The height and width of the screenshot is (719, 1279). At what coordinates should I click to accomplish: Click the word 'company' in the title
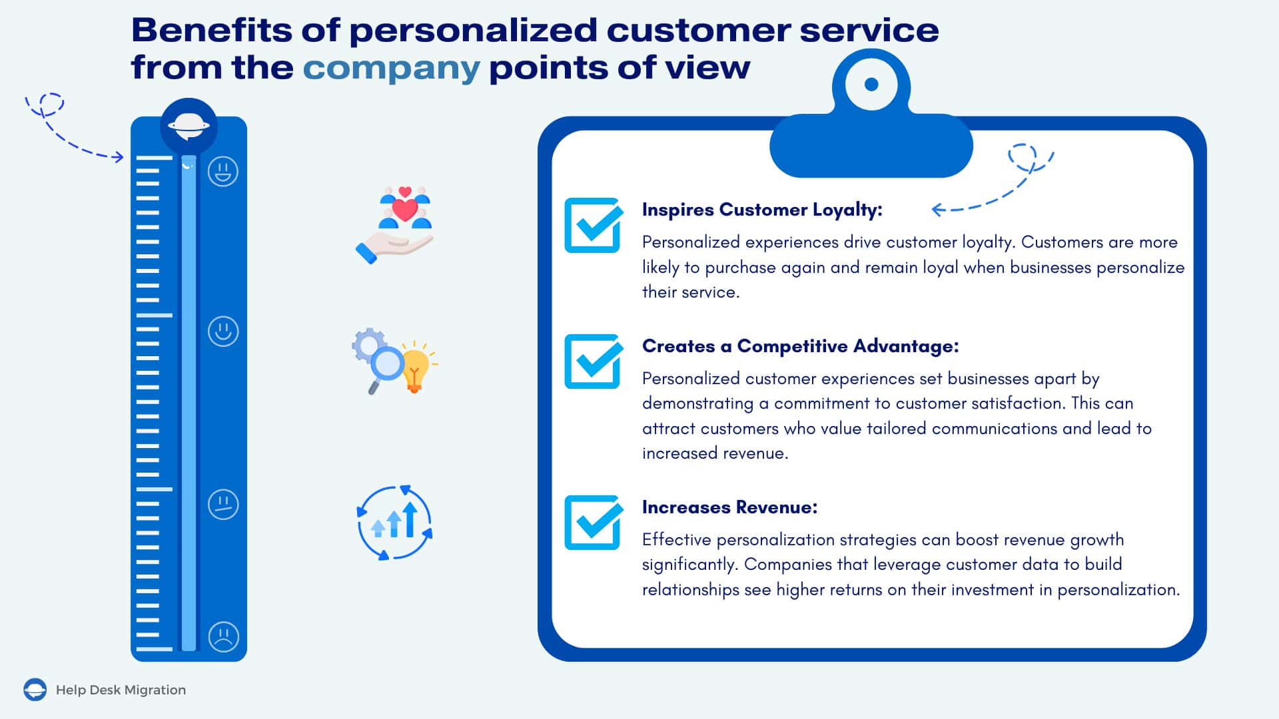(391, 69)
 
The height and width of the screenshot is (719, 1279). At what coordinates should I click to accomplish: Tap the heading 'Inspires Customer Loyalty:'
(762, 210)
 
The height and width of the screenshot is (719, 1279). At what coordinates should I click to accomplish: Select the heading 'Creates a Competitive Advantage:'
(800, 346)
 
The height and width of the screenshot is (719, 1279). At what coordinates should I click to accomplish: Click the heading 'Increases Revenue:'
(729, 507)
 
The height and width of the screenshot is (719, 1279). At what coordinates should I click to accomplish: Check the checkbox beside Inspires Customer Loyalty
(593, 225)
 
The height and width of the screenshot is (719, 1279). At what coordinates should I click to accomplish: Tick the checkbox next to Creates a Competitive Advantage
(593, 361)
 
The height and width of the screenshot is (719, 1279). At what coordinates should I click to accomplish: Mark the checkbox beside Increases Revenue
(593, 523)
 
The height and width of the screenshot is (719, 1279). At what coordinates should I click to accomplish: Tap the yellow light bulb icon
(415, 368)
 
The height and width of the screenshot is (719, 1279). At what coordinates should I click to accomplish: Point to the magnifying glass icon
(384, 368)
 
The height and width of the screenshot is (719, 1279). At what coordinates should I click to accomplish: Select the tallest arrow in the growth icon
(410, 519)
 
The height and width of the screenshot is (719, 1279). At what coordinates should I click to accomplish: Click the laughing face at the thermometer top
(223, 172)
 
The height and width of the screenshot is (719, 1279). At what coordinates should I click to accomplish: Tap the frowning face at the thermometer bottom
(223, 636)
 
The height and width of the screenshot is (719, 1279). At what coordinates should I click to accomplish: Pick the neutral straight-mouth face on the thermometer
(223, 504)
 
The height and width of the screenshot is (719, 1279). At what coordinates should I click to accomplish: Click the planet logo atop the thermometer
(189, 125)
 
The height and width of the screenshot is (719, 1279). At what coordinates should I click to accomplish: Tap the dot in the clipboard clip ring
(871, 85)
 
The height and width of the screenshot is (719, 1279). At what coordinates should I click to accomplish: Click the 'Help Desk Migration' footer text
(121, 690)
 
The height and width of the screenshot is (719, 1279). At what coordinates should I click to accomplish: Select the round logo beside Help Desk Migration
(35, 690)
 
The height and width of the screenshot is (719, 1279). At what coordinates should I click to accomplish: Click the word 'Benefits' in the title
(211, 31)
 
